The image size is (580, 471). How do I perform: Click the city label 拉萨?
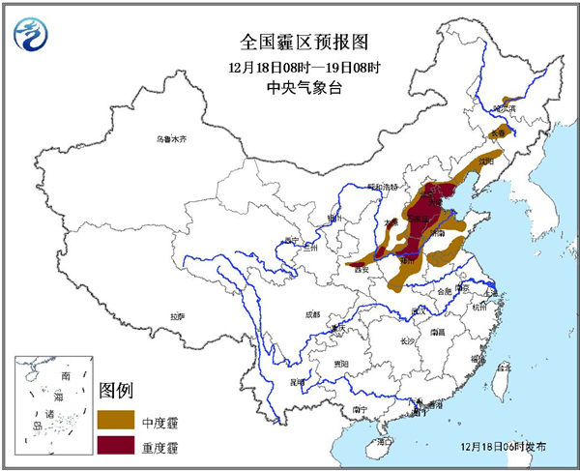(x=177, y=316)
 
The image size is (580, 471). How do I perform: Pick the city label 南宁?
(x=360, y=409)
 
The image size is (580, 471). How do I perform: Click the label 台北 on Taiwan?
(x=502, y=368)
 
